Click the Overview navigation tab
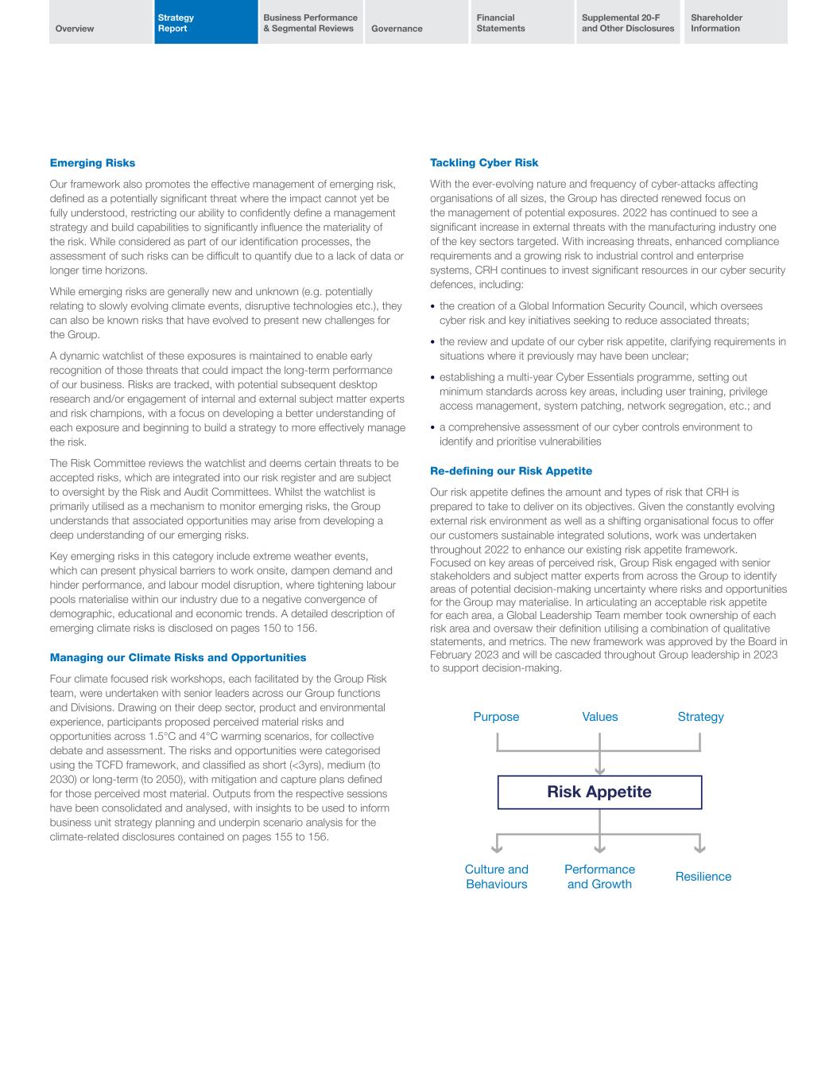75,29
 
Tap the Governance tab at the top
397,29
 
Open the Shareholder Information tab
716,23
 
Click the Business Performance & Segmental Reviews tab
310,23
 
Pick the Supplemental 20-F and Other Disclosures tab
628,23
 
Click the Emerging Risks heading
92,163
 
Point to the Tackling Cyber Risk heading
484,163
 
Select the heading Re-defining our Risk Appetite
511,471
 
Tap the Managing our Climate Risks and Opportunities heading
177,658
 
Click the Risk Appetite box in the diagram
599,792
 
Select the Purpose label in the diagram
496,717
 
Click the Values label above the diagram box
599,717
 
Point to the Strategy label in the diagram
700,717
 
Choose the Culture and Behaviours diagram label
496,877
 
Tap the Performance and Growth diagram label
599,877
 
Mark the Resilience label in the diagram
703,877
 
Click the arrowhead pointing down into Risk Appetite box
599,770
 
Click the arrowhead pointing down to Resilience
699,848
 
